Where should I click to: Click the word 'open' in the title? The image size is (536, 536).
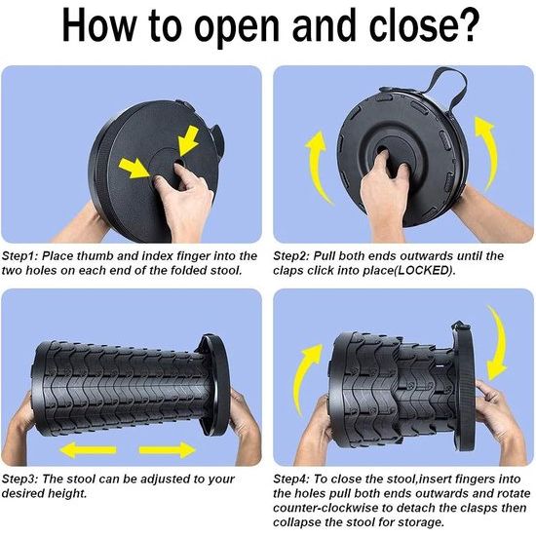point(237,27)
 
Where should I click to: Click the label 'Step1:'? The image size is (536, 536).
point(19,256)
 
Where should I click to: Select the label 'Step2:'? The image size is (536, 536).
point(291,256)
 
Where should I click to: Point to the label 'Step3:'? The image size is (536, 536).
point(19,479)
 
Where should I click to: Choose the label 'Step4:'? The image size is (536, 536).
point(291,479)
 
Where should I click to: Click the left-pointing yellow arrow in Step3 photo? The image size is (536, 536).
point(88,450)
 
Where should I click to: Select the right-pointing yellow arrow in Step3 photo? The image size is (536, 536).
point(168,450)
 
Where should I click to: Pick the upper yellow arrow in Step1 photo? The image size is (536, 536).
point(188,140)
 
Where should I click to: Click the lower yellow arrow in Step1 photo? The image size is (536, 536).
point(134,168)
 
